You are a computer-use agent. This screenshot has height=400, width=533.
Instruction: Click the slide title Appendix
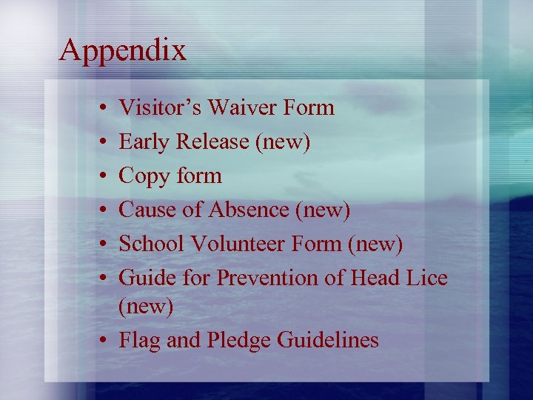pos(123,51)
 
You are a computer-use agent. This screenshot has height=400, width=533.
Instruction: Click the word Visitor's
pos(160,108)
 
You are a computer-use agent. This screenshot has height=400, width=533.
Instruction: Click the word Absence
pos(249,210)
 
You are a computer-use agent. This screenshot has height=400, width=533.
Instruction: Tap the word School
pos(151,244)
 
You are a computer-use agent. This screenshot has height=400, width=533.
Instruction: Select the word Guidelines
pos(327,340)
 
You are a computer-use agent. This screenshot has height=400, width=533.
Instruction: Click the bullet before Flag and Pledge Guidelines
pos(100,341)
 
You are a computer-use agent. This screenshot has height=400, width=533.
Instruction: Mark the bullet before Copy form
pos(100,177)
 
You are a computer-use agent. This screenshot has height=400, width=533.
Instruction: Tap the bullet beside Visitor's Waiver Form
pos(100,109)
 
